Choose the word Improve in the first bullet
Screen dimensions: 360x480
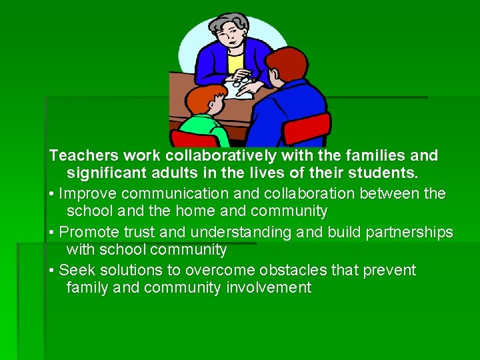pos(85,194)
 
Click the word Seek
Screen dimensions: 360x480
pos(75,271)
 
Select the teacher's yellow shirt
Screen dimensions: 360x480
pos(235,64)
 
